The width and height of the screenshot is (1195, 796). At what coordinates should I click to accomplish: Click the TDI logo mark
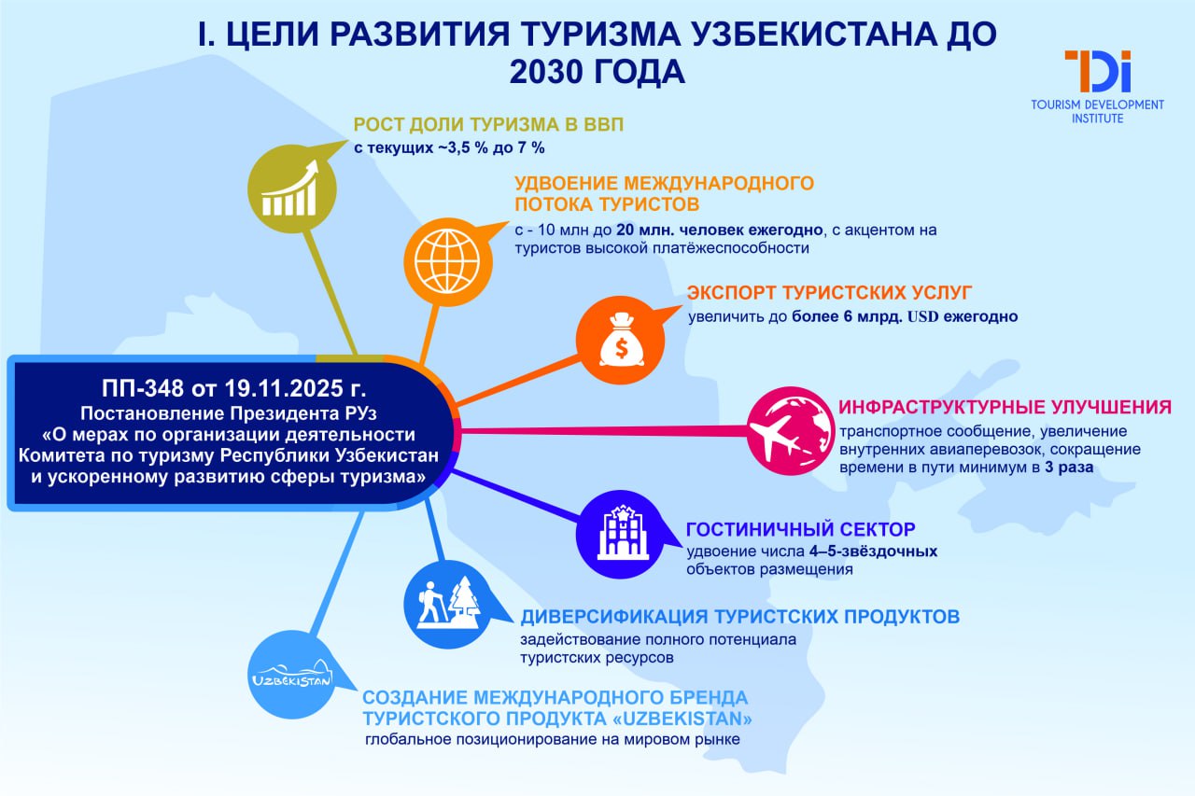point(1097,72)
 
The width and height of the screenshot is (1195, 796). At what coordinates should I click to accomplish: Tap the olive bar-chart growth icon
point(292,189)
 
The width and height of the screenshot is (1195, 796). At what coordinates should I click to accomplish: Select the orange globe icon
point(447,262)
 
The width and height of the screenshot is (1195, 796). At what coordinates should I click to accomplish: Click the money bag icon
point(621,341)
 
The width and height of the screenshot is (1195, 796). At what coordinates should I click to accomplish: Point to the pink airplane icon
point(791,431)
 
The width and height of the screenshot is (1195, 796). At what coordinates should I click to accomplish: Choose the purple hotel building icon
point(621,534)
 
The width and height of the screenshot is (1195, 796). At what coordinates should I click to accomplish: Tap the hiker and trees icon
point(447,604)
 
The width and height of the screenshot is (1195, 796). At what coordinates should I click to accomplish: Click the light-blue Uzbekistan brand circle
point(292,675)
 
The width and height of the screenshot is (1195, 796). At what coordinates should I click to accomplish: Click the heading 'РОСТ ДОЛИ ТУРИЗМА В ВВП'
point(488,124)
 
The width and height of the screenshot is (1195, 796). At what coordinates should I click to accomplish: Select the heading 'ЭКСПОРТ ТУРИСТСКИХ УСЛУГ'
point(829,293)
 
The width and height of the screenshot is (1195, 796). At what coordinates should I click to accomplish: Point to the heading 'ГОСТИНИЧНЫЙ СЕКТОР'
point(800,529)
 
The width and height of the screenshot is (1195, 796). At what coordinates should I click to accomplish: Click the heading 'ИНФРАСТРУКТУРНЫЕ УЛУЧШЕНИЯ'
point(1005,407)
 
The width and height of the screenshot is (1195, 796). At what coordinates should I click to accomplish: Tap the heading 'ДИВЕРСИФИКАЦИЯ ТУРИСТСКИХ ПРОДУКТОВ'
point(740,617)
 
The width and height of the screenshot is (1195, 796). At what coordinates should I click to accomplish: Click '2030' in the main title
point(551,72)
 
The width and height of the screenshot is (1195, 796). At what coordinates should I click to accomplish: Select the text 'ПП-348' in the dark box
point(143,388)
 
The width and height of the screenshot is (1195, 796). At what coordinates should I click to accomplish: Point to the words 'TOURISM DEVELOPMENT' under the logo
point(1097,105)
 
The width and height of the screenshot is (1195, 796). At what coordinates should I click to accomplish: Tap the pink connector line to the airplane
point(603,431)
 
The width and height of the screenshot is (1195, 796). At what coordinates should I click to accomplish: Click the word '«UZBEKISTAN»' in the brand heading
point(682,719)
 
